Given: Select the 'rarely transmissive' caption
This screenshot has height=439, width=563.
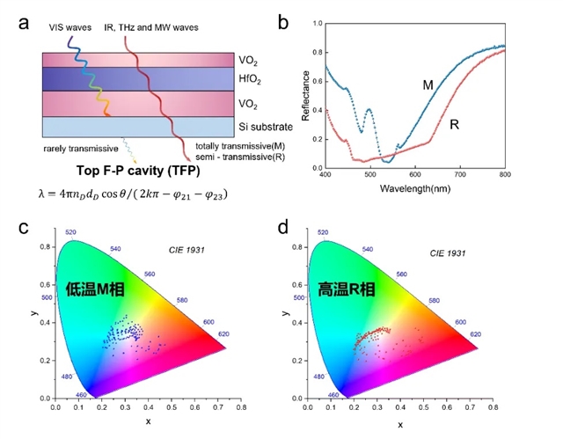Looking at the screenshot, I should (79, 148).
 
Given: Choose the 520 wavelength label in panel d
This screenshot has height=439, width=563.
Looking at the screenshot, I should (323, 232).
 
